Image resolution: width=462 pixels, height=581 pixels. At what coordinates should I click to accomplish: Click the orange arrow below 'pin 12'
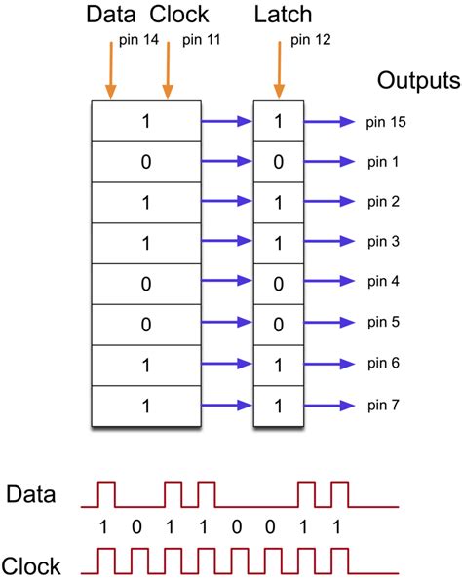pyautogui.click(x=281, y=73)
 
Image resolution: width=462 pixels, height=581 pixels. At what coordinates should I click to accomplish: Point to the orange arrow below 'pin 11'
pyautogui.click(x=168, y=73)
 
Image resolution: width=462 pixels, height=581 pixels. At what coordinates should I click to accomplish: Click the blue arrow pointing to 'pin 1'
pyautogui.click(x=328, y=162)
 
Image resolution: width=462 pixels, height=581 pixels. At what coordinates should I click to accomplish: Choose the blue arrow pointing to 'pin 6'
pyautogui.click(x=328, y=363)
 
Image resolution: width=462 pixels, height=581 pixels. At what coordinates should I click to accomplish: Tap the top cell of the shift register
pyautogui.click(x=146, y=122)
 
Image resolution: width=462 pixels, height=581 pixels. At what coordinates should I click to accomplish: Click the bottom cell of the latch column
pyautogui.click(x=278, y=403)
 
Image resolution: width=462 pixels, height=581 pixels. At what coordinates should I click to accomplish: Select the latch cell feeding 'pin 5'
pyautogui.click(x=278, y=323)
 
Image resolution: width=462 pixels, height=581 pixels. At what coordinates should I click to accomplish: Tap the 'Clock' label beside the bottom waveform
pyautogui.click(x=31, y=564)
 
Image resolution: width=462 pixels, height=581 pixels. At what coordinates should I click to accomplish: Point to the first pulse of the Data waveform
pyautogui.click(x=105, y=494)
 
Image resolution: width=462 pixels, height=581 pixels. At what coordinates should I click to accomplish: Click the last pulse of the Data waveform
pyautogui.click(x=338, y=494)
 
